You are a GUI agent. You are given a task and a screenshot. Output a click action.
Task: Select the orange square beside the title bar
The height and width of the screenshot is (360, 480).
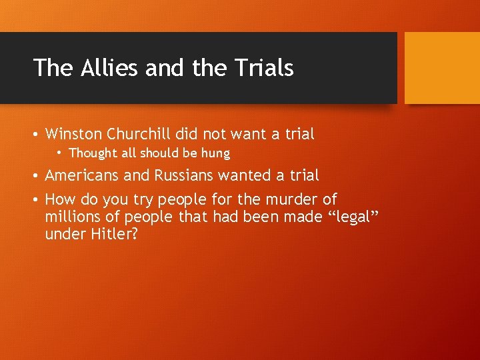[442, 67]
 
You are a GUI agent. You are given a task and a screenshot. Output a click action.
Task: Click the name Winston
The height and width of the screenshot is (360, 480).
[73, 134]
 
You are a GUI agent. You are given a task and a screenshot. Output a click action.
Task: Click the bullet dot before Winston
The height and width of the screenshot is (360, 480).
[37, 134]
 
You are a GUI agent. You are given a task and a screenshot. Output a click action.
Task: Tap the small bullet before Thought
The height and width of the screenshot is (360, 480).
[60, 153]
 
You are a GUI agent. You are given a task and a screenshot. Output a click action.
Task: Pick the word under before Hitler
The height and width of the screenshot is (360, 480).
[63, 235]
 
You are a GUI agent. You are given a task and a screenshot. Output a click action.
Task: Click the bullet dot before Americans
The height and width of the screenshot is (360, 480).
[37, 176]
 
